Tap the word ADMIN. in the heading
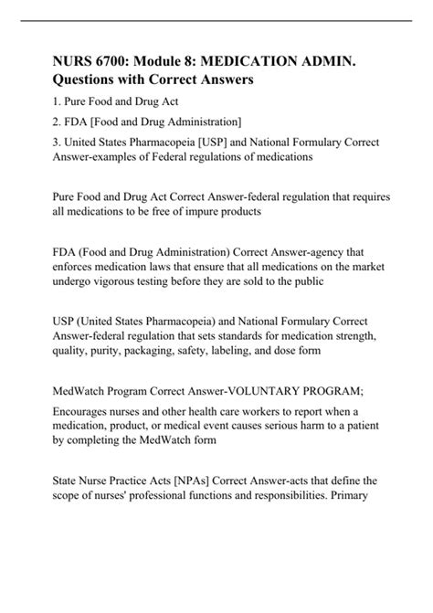coord(342,60)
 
